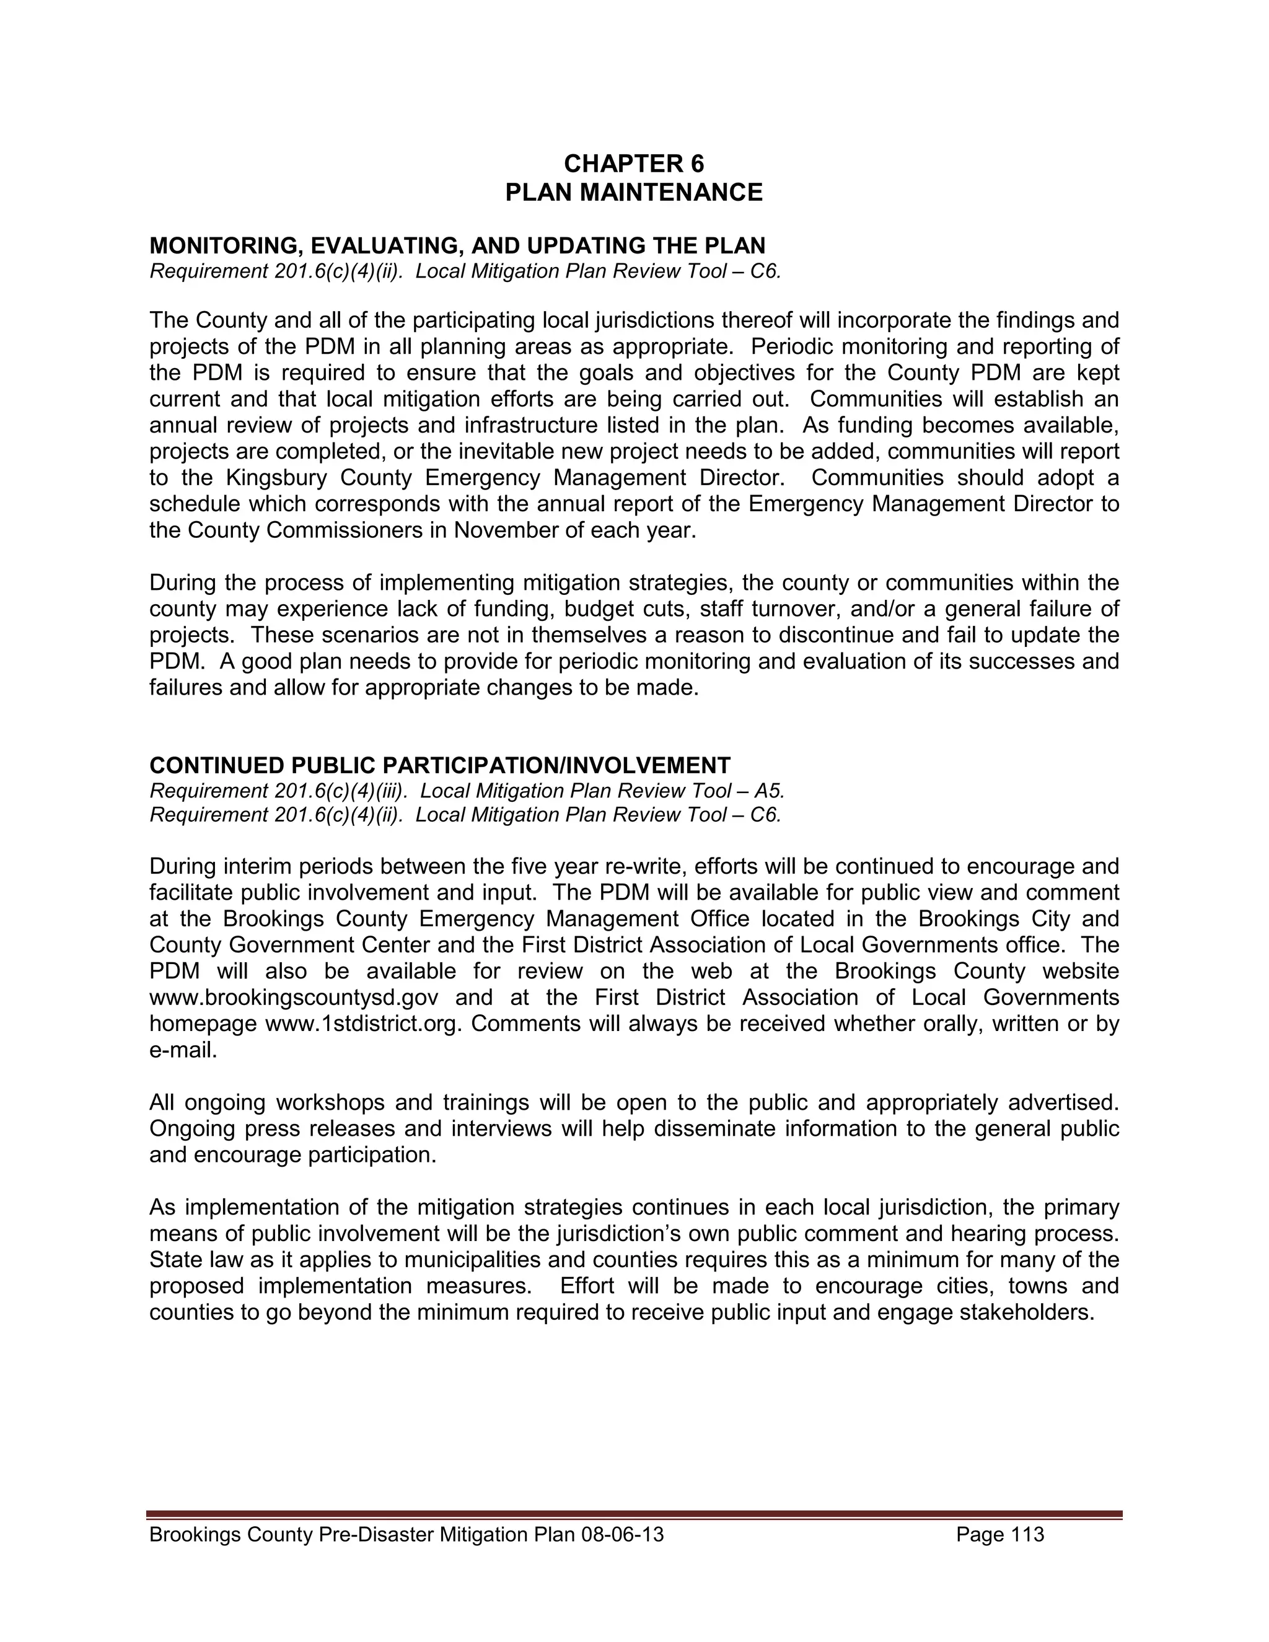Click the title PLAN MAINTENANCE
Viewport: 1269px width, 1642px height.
tap(634, 193)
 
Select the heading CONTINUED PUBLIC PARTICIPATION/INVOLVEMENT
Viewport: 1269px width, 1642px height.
tap(440, 765)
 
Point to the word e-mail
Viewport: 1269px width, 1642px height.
tap(182, 1050)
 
